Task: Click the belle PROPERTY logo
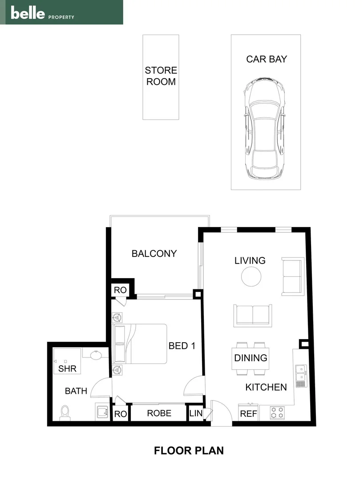tap(43, 14)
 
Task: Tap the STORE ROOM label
tap(161, 76)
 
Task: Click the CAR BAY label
tap(267, 59)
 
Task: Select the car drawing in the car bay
tap(264, 129)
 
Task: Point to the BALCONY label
tap(154, 254)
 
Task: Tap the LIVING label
tap(250, 260)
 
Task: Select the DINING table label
tap(251, 358)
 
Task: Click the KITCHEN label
tap(266, 387)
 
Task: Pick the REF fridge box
tap(248, 413)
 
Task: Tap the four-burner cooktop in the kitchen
tap(278, 413)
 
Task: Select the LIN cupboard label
tap(195, 413)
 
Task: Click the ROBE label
tap(159, 413)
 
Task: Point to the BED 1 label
tap(182, 346)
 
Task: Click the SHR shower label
tap(67, 368)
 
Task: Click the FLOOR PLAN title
tap(189, 451)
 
